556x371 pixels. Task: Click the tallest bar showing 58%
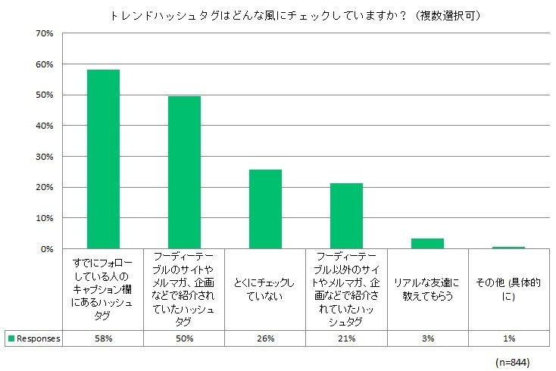[103, 159]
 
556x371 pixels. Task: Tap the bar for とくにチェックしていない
[265, 209]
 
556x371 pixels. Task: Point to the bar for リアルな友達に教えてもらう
[427, 243]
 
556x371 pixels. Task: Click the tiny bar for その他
[508, 247]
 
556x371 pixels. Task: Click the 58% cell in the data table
[103, 338]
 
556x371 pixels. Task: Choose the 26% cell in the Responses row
[265, 338]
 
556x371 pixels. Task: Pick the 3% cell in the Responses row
[427, 338]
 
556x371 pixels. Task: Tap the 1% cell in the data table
[508, 338]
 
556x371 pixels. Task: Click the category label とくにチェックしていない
[265, 289]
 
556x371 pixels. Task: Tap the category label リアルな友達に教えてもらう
[427, 289]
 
